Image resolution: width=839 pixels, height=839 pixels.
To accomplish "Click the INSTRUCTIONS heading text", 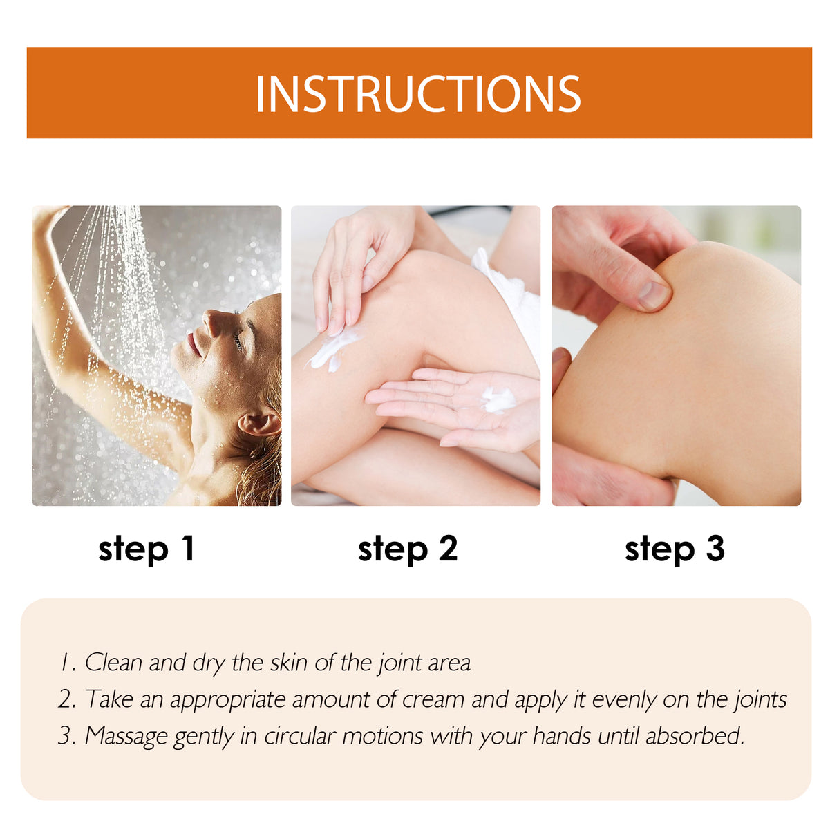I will pos(418,94).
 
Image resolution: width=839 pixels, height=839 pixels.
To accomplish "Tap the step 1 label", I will pos(147,549).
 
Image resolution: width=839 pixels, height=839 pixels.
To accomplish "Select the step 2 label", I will pos(408,549).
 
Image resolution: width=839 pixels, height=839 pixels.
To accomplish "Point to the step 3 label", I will pos(675,549).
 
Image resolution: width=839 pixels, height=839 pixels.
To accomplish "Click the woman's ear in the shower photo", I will pos(258,424).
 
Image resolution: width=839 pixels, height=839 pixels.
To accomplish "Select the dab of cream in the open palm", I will pos(498,399).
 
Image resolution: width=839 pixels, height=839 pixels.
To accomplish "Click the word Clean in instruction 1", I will pos(113,663).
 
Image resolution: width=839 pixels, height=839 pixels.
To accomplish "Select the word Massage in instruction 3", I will pos(126,736).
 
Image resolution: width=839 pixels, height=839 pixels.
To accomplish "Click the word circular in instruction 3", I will pos(301,736).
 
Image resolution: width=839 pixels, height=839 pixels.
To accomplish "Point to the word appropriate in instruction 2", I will pos(228,700).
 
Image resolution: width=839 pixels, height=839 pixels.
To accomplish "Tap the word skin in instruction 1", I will pos(288,663).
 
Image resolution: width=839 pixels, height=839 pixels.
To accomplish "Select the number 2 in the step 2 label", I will pos(448,549).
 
